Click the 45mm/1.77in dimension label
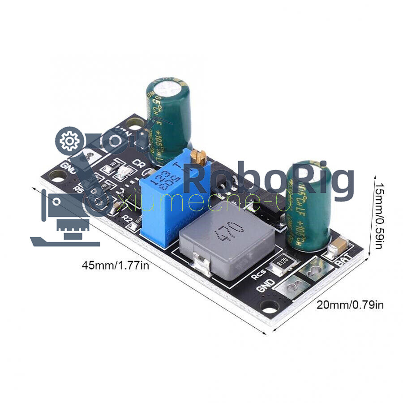(115, 265)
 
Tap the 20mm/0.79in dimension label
(350, 305)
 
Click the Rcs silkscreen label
(259, 274)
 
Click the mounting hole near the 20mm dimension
(270, 307)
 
